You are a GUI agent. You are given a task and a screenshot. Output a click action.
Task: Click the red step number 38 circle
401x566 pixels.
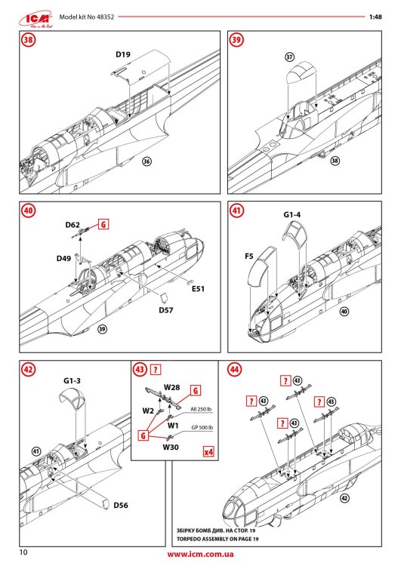pos(29,41)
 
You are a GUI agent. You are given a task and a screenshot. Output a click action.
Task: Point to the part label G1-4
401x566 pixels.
pos(294,215)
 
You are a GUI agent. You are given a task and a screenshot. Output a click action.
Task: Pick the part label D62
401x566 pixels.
pos(73,224)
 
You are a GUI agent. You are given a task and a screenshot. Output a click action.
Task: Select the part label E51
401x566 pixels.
pos(199,288)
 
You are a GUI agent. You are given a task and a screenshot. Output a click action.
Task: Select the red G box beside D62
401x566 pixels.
pos(103,224)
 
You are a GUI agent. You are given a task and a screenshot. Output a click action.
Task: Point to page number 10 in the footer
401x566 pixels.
pos(24,554)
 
